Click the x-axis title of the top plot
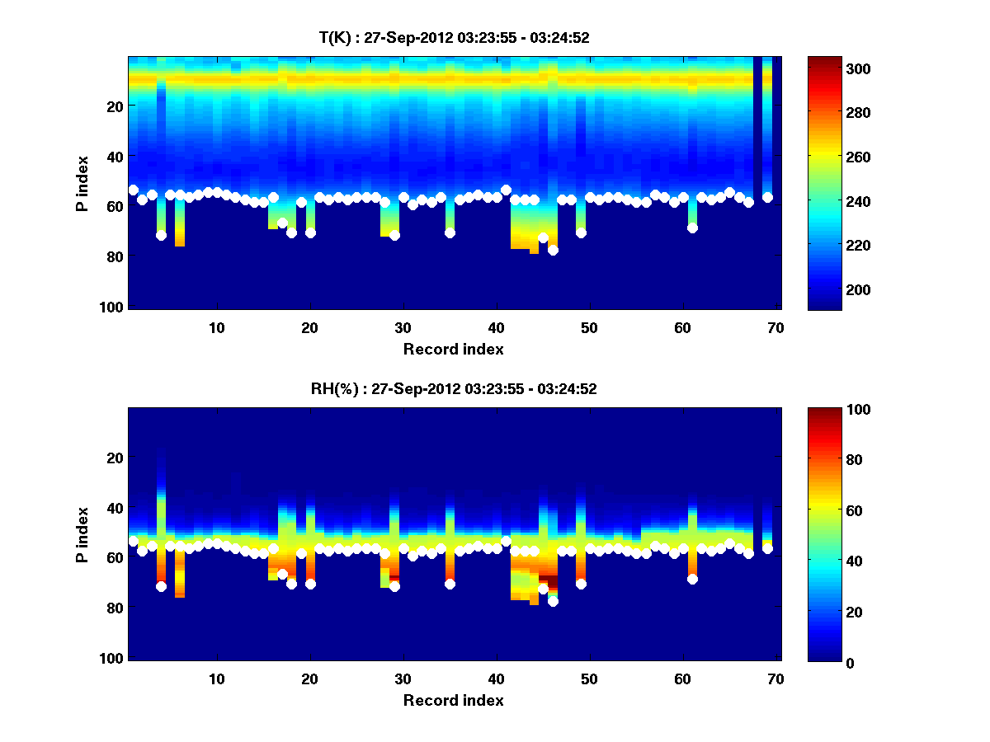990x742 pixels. (x=453, y=349)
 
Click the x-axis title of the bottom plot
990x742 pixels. (x=453, y=700)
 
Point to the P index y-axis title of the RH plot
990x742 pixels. (x=82, y=533)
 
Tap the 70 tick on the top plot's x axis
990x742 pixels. (x=775, y=327)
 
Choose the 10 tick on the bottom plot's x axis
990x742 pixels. (x=216, y=679)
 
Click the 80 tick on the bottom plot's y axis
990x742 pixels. (x=115, y=608)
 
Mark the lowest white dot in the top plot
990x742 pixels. (x=553, y=250)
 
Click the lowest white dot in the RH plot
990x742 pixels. (x=553, y=601)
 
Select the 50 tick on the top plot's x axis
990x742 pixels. (x=589, y=327)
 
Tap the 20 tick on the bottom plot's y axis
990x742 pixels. (x=115, y=457)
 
